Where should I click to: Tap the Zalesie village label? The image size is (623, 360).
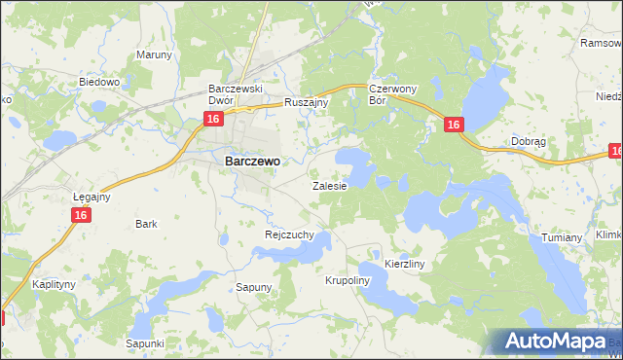tap(329, 185)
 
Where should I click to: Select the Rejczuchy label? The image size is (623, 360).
tap(288, 234)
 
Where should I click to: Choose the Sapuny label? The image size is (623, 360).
tap(255, 287)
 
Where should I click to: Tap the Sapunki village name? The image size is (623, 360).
tap(145, 343)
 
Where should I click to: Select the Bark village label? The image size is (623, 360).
tap(147, 224)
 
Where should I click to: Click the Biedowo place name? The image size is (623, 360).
tap(98, 83)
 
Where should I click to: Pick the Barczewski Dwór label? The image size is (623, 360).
tap(238, 93)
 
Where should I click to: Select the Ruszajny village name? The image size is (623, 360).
tap(308, 102)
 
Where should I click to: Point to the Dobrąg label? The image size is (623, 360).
tap(528, 141)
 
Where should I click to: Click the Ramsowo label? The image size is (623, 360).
tap(600, 43)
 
